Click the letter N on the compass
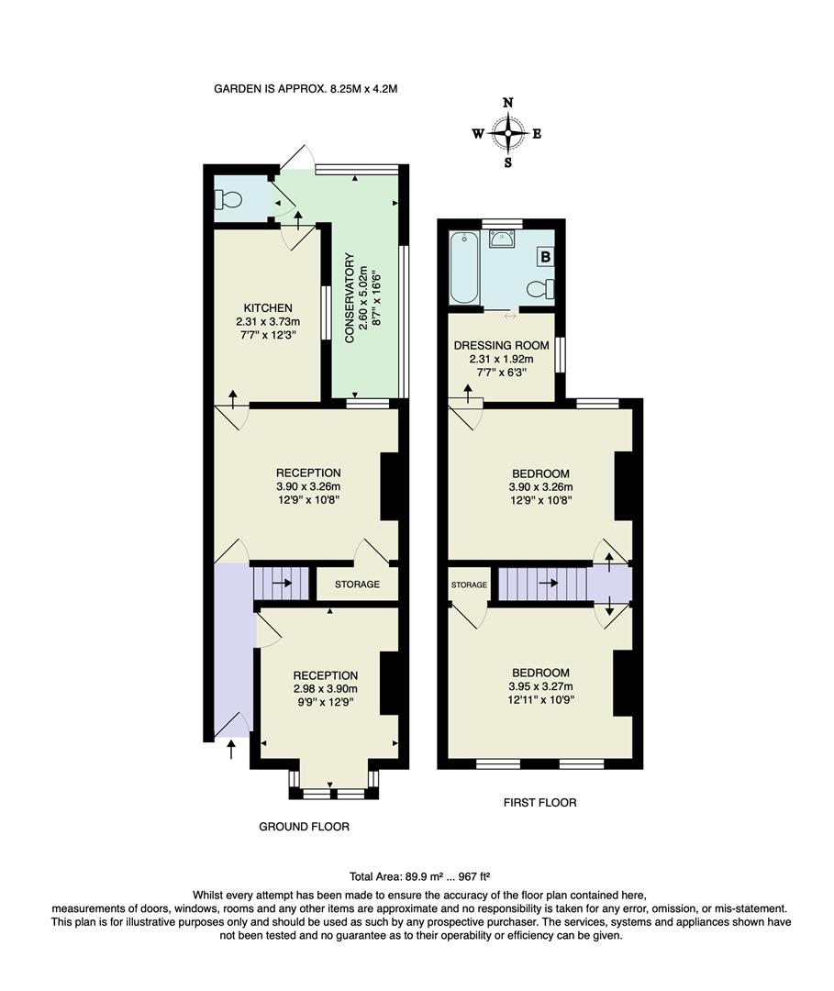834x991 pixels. click(507, 103)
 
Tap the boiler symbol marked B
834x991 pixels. click(545, 258)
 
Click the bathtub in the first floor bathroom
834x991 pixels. click(463, 267)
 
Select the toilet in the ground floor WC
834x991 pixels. click(228, 200)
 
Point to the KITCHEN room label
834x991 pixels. click(268, 307)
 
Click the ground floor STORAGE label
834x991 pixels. click(357, 584)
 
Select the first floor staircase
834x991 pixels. click(541, 583)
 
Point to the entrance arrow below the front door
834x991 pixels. click(229, 752)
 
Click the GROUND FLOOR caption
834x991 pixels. click(304, 826)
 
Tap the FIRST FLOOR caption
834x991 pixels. click(539, 802)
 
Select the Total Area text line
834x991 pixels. click(425, 875)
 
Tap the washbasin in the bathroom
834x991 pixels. click(502, 239)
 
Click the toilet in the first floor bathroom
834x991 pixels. click(540, 290)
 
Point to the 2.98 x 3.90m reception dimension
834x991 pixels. click(325, 689)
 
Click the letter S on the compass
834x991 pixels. click(507, 163)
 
